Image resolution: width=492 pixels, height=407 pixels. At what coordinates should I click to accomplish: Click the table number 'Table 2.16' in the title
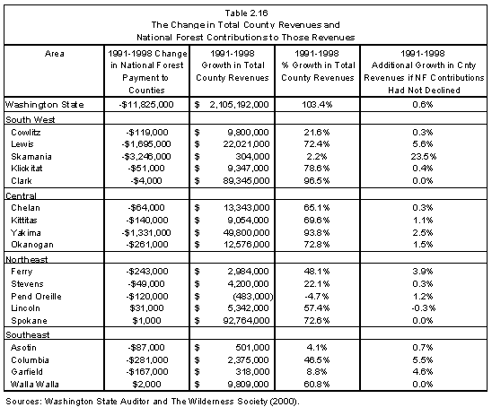246,13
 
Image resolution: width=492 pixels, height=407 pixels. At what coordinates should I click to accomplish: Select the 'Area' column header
54,54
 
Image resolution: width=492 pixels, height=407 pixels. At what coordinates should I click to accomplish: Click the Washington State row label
45,105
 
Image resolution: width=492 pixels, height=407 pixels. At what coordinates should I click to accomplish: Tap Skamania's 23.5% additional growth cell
423,156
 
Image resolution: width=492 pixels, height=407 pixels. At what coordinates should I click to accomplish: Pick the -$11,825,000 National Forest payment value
146,105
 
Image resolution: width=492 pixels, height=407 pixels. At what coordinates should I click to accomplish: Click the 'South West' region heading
31,120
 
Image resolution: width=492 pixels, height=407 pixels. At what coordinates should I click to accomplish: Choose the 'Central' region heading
21,195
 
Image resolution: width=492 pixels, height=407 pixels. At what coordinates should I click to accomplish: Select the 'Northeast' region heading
27,259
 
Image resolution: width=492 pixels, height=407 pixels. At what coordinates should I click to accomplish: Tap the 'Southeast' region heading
28,335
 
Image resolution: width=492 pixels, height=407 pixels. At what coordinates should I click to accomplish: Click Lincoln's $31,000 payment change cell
146,308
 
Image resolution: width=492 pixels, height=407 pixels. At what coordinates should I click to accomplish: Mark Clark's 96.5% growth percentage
317,181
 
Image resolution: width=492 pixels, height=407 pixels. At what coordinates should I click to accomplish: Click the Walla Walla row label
34,385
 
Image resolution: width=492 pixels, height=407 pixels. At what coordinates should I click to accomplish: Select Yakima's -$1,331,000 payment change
146,233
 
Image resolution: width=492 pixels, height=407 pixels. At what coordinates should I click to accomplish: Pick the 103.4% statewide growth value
317,105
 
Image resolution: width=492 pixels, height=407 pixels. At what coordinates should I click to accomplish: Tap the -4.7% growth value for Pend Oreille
317,297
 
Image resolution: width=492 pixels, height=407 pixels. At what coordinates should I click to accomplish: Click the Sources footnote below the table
153,402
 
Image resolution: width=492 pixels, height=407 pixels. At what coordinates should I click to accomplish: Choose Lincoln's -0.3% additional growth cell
423,308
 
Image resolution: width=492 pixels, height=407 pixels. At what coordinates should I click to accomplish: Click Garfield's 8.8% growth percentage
317,372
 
